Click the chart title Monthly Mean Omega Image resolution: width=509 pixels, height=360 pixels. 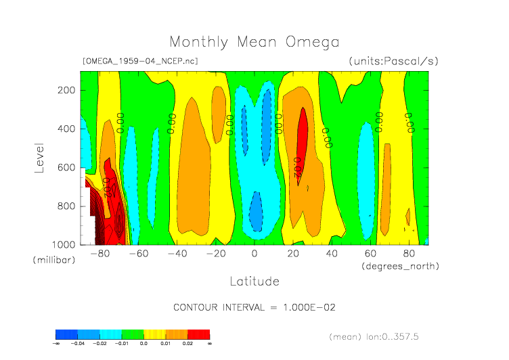coord(254,42)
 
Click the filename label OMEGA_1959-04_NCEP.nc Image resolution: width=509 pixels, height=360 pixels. coord(140,61)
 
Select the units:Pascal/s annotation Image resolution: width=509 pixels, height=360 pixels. coord(394,61)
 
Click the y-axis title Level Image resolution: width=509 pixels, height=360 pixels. coord(39,156)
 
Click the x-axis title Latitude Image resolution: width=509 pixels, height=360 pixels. coord(254,280)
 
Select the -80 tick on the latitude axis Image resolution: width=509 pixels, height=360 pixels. coord(100,254)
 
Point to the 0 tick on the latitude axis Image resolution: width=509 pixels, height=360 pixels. coord(255,254)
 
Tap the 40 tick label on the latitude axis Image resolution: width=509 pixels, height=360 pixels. coord(332,254)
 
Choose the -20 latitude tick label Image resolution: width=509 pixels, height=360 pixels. coord(216,254)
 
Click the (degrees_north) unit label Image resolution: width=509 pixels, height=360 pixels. coord(401,266)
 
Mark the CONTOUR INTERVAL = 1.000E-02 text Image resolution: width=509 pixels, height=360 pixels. coord(255,307)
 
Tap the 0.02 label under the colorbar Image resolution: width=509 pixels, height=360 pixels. coord(187,344)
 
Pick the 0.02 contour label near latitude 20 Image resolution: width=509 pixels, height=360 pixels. coord(296,167)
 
